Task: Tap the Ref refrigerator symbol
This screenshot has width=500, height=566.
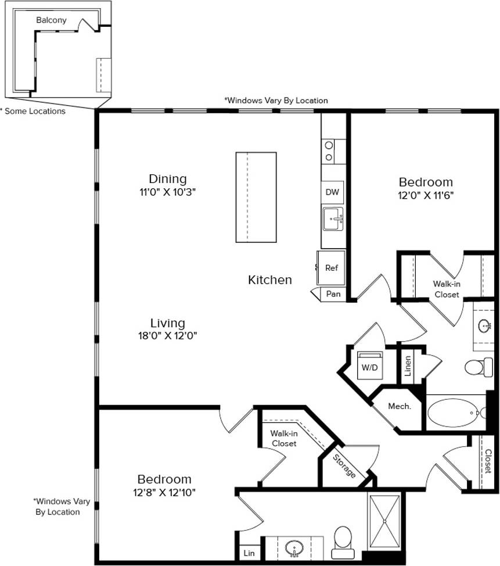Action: tap(331, 268)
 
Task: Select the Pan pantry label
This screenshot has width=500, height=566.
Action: tap(333, 294)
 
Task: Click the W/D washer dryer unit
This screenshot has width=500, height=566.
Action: tap(369, 367)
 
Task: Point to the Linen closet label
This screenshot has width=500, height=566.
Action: tap(408, 366)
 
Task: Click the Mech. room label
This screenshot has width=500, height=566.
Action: tap(400, 407)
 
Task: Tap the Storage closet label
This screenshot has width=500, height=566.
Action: tap(344, 465)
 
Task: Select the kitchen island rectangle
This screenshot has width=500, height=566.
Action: tap(256, 197)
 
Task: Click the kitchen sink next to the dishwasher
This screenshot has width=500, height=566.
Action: tap(333, 220)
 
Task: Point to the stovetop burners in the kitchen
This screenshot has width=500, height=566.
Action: tap(329, 151)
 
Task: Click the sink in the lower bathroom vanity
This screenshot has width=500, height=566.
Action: tap(294, 547)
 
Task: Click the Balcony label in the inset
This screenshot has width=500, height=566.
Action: tap(51, 20)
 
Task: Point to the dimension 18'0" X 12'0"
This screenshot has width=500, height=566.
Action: tap(168, 335)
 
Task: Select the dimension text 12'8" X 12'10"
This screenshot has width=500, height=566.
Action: tap(164, 493)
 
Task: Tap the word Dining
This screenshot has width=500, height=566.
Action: tap(167, 178)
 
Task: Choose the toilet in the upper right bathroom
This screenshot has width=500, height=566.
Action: tap(478, 367)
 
